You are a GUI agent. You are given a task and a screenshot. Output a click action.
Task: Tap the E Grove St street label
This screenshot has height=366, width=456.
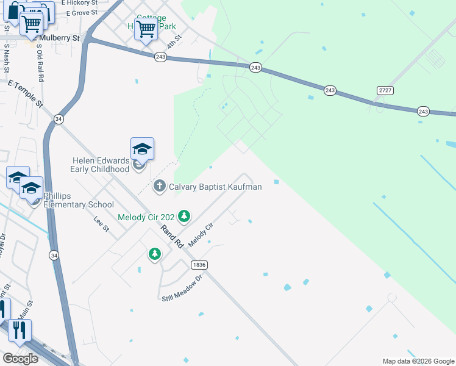pos(82,12)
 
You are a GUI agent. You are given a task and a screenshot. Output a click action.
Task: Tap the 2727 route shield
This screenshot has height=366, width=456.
pos(385,90)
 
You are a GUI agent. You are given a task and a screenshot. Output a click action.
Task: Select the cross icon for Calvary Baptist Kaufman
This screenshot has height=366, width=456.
pos(160,187)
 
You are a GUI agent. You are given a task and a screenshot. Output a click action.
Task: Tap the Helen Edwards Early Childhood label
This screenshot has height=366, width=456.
pos(101,165)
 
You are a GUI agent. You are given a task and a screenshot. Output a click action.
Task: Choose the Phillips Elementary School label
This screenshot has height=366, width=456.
pos(78,200)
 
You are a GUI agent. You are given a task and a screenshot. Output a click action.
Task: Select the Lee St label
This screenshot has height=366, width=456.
pos(101,224)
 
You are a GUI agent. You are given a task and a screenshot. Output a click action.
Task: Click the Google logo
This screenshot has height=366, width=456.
pos(21,359)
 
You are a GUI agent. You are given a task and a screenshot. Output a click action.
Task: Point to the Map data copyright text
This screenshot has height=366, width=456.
pos(418,361)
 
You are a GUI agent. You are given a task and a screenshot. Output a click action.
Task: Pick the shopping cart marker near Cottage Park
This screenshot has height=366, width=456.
pos(146,28)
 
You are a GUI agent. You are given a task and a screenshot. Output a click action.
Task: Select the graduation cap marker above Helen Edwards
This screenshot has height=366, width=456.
pos(142,149)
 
